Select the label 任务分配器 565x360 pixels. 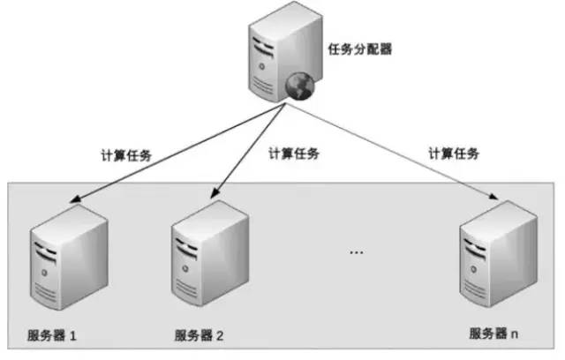point(361,49)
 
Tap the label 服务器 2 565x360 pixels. point(199,335)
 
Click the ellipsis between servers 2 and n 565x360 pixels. point(356,253)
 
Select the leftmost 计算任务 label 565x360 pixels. point(126,154)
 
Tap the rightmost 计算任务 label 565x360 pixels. point(454,153)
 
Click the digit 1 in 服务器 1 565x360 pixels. point(75,335)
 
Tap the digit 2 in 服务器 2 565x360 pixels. point(220,335)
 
